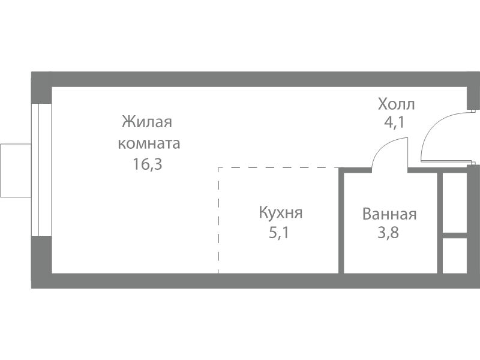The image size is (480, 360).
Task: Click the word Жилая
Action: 147,122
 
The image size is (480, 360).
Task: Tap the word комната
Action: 149,143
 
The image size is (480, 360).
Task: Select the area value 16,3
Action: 147,164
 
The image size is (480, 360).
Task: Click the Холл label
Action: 397,104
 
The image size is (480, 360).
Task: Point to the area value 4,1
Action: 395,122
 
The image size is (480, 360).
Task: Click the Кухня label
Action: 281,212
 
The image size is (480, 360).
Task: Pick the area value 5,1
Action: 279,233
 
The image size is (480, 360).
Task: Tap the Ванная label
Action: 389,214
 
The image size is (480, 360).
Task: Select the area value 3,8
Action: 388,233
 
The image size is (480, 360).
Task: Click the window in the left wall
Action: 41,170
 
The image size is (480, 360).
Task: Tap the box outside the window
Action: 16,170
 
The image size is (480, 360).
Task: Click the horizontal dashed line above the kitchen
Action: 279,168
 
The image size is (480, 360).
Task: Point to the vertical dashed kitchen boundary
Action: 218,220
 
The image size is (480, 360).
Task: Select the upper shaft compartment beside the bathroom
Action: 455,203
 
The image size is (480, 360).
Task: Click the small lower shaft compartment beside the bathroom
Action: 455,256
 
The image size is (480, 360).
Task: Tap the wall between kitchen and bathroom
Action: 341,220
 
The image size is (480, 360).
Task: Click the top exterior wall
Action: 256,80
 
